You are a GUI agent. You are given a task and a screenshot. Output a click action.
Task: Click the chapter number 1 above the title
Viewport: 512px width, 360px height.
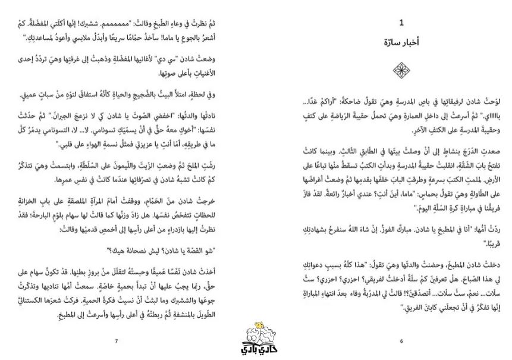(x=402, y=23)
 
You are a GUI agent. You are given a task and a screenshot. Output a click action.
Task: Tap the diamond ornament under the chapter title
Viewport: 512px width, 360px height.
(x=402, y=71)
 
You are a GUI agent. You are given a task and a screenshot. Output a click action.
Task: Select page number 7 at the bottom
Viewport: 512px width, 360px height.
(x=117, y=341)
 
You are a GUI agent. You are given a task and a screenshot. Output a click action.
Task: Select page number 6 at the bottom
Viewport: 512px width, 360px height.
(x=402, y=341)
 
